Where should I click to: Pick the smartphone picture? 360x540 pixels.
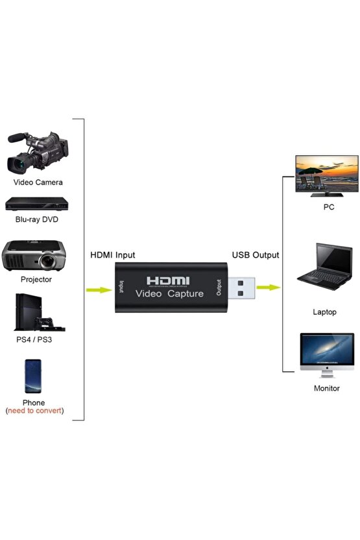34,376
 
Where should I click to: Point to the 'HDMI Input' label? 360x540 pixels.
112,255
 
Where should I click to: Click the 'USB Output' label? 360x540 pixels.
256,255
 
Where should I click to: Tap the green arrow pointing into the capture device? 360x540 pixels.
99,289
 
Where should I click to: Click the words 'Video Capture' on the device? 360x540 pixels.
169,294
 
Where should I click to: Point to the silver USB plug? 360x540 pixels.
245,288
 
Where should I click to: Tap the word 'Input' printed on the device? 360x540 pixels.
121,288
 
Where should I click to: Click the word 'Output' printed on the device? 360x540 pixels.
219,288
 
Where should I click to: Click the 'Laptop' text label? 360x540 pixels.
325,312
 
